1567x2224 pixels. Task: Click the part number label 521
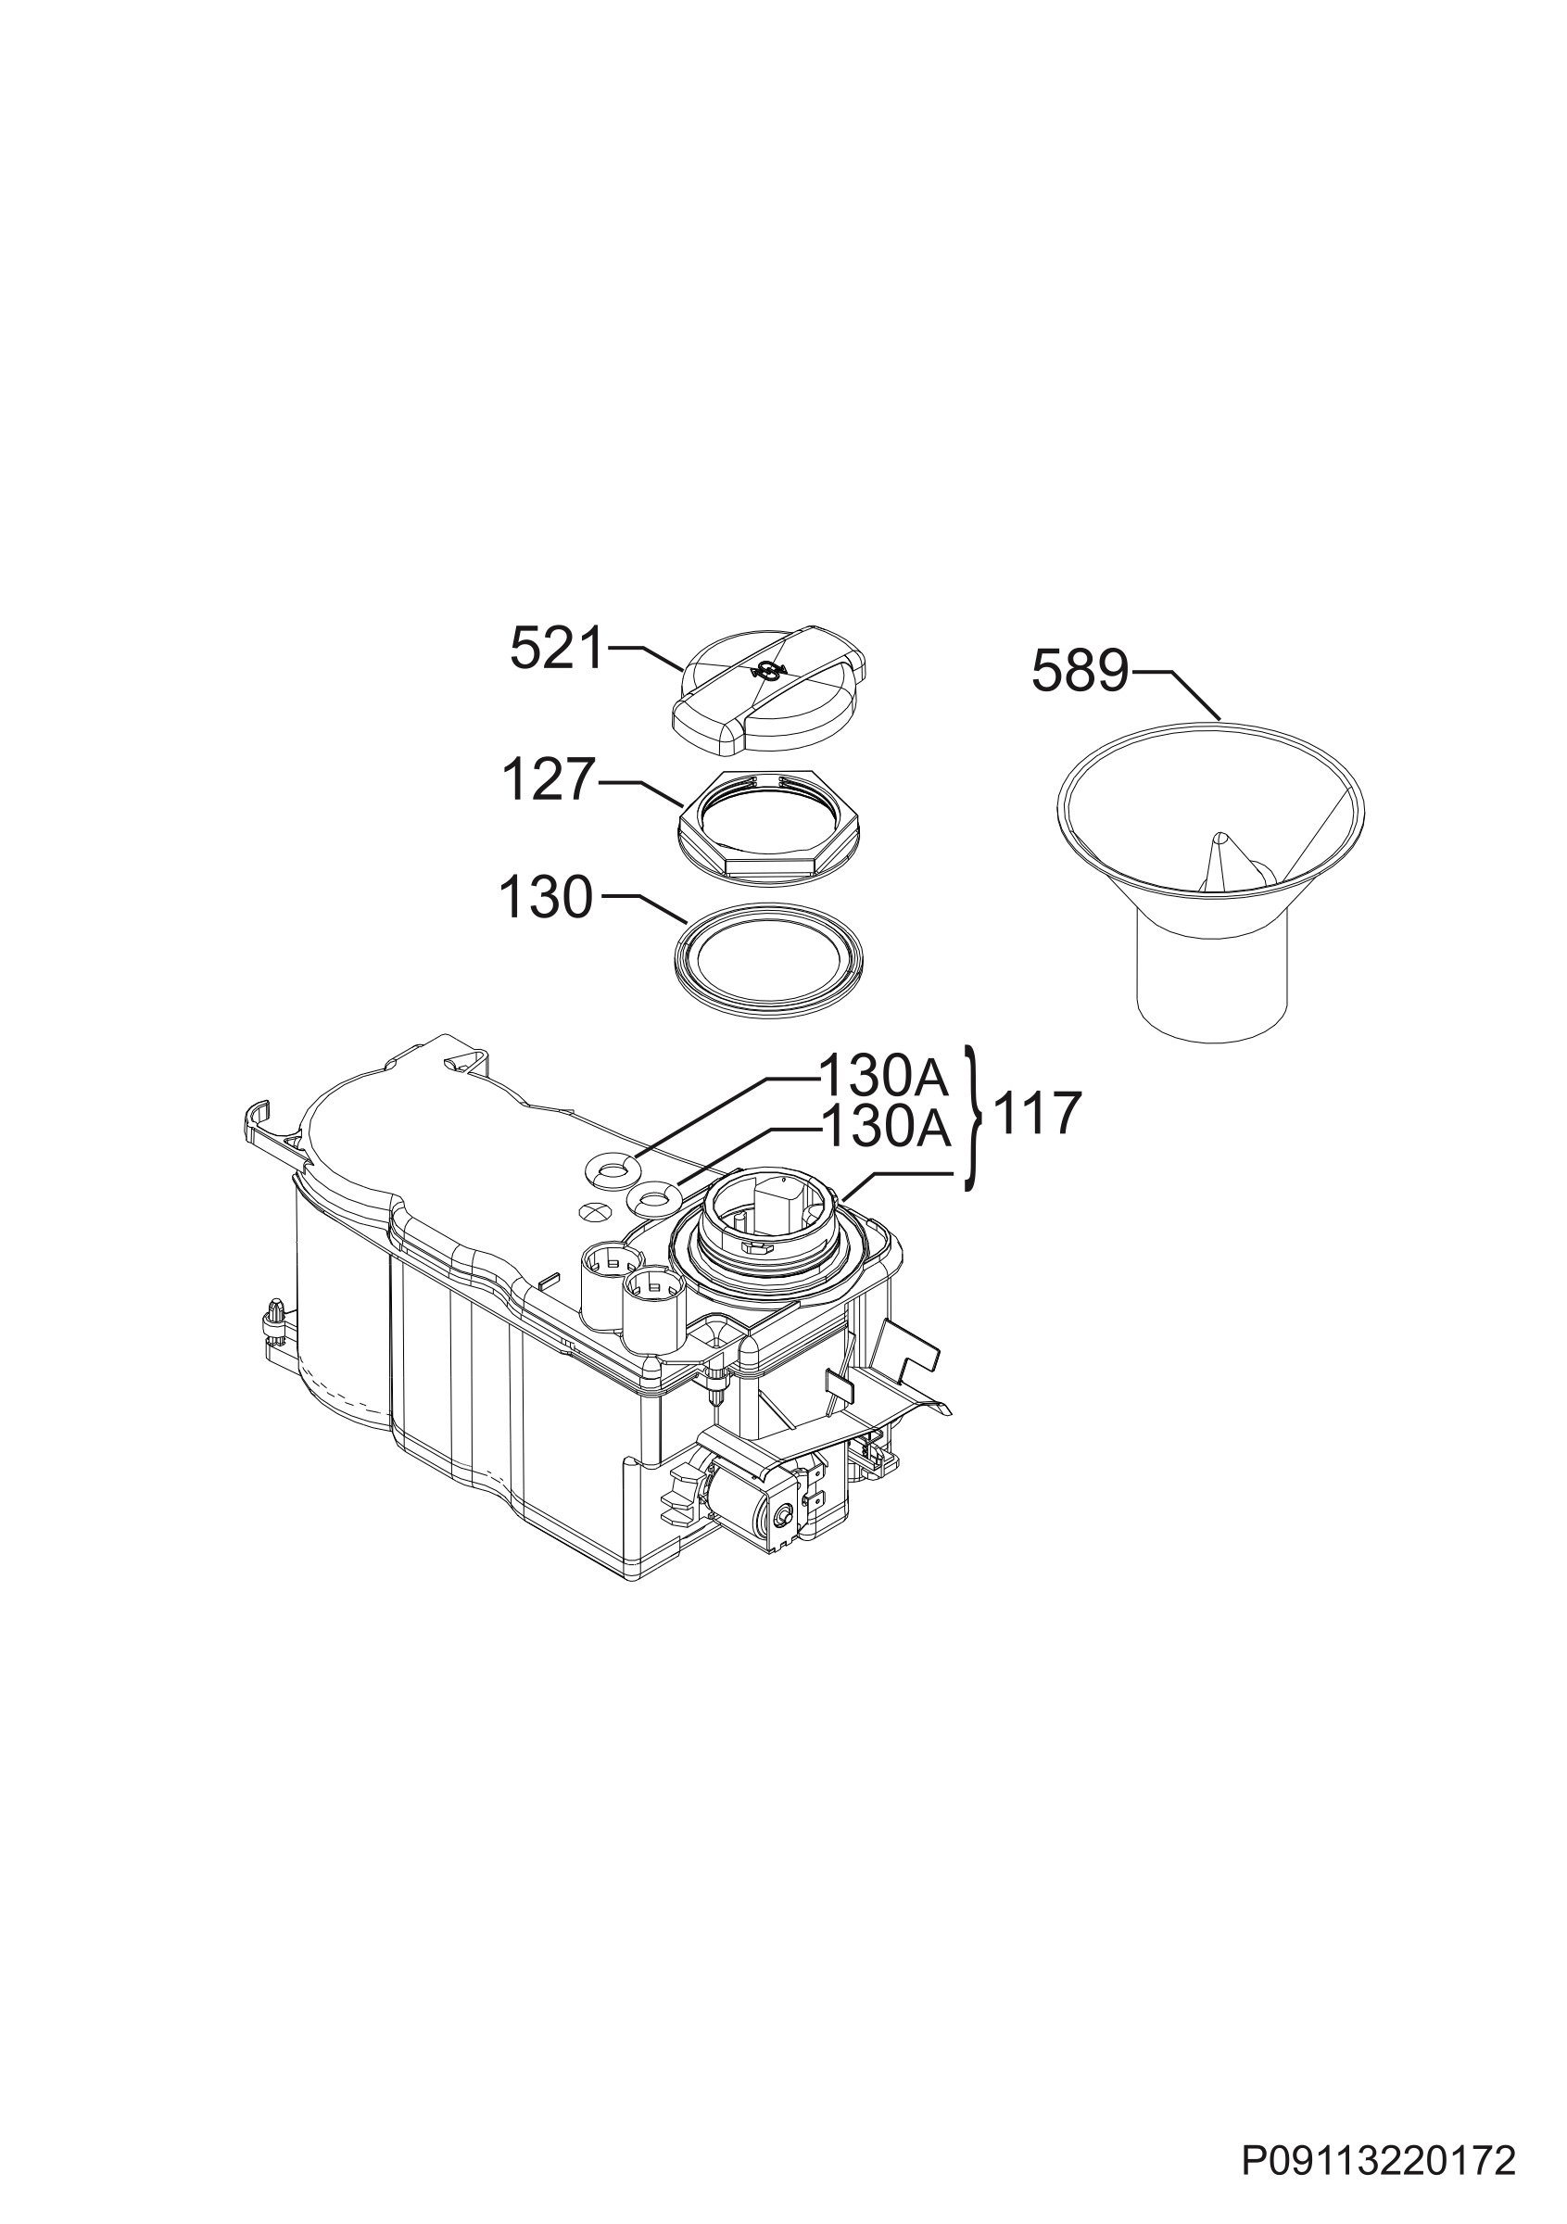[556, 648]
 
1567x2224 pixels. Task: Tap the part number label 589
[1079, 670]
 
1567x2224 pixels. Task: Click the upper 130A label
[883, 1074]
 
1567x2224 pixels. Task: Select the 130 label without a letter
[545, 898]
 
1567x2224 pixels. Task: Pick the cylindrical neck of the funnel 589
[1211, 988]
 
